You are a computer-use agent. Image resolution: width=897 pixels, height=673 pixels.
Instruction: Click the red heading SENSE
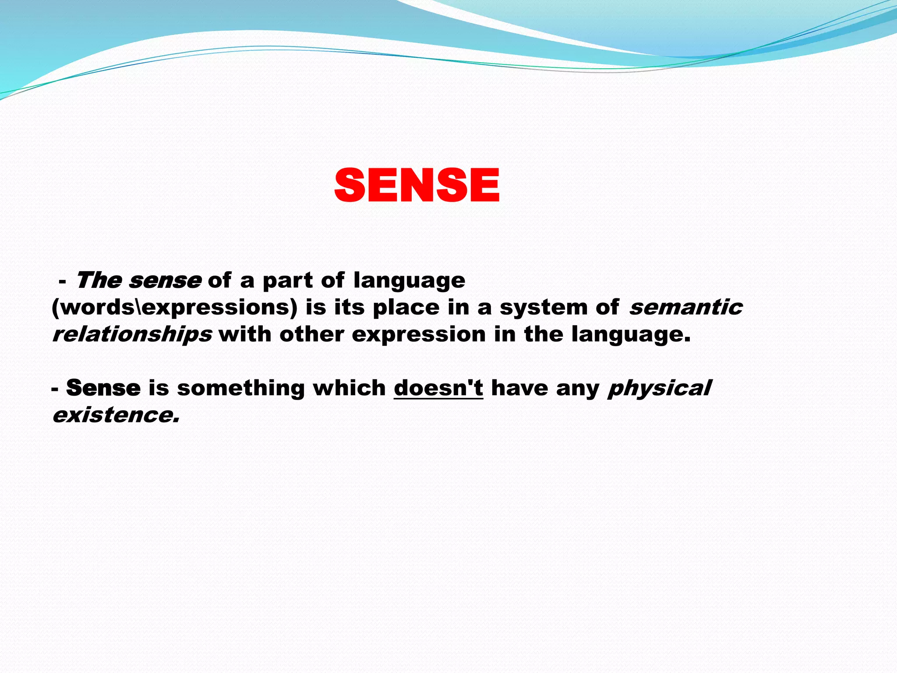point(417,186)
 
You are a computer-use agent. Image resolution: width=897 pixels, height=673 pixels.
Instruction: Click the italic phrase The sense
point(138,280)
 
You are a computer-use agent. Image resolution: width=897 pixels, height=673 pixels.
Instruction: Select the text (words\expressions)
point(174,308)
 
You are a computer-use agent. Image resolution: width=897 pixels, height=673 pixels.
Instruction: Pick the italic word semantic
point(685,307)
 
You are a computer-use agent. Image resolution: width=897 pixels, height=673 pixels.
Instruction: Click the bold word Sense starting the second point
point(103,388)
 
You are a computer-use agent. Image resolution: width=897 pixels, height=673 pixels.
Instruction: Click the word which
point(349,388)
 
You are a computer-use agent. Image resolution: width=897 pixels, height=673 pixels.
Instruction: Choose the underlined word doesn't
point(438,388)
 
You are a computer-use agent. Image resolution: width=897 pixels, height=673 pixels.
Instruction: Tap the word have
point(519,388)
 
